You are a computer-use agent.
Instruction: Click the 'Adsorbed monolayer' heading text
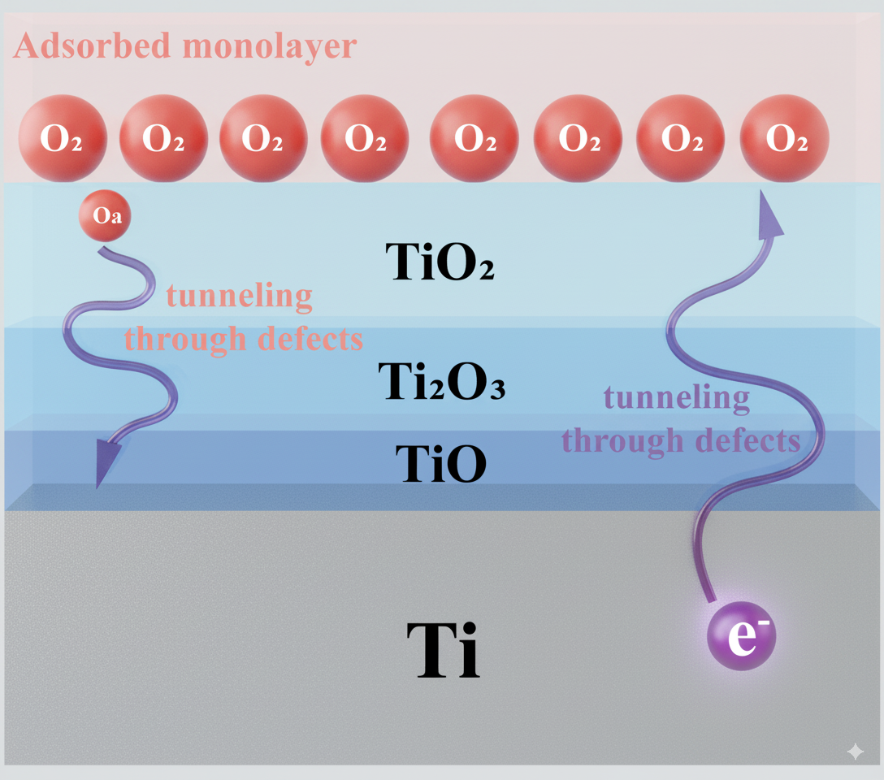(x=185, y=46)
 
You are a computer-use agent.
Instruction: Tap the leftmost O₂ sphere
(x=62, y=138)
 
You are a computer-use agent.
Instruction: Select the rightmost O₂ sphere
(x=785, y=138)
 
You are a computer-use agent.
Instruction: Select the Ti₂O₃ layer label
(x=442, y=383)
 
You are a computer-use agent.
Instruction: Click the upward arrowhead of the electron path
(x=768, y=214)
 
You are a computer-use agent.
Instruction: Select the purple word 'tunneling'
(x=677, y=398)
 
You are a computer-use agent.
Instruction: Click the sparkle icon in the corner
(x=855, y=752)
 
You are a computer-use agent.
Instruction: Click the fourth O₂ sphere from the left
(x=365, y=138)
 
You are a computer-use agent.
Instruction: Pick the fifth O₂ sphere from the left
(x=474, y=138)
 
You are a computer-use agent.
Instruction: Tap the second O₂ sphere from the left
(x=163, y=138)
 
